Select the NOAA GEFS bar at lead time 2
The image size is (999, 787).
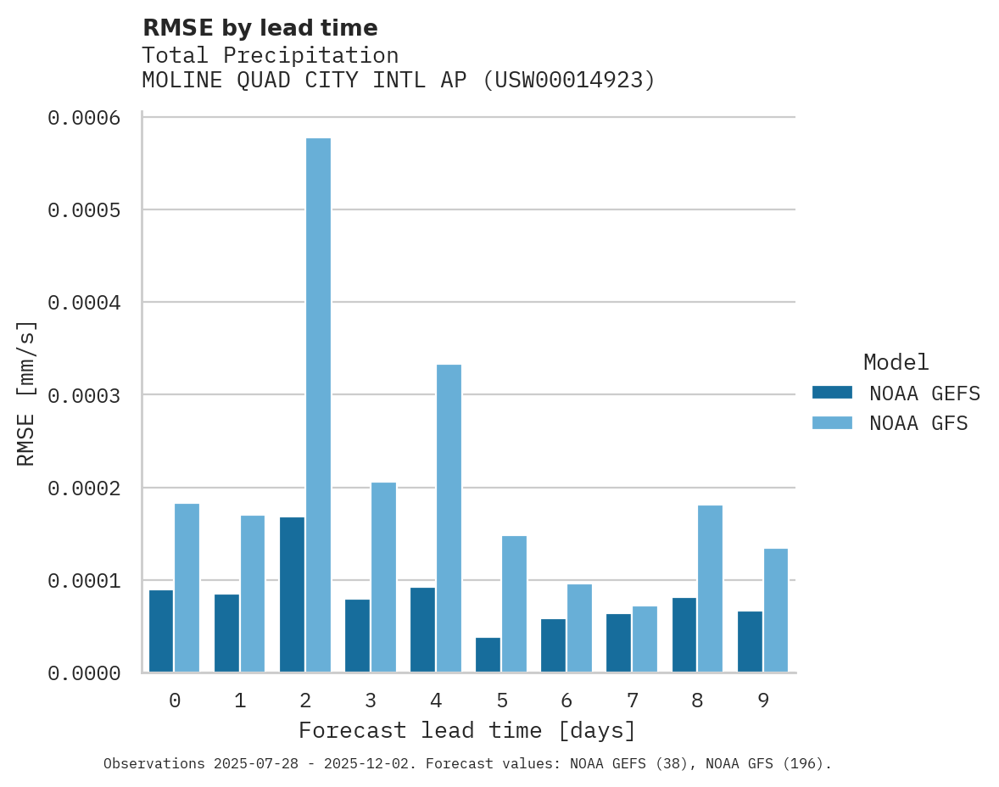(292, 594)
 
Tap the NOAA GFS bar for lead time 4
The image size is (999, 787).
(449, 518)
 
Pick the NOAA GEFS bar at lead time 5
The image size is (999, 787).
(488, 655)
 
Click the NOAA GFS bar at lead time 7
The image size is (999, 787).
(645, 639)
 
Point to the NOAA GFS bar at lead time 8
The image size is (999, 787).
(710, 589)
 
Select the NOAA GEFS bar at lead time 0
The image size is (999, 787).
(161, 631)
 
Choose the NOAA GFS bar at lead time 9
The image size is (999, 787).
(775, 611)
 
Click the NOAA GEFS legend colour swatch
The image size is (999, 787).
(832, 393)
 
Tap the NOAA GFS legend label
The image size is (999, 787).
(918, 422)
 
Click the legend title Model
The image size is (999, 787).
(896, 362)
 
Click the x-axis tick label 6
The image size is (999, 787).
(566, 700)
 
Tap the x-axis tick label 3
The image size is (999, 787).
(371, 700)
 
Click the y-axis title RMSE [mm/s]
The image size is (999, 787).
(26, 393)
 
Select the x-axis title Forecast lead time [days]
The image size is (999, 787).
(467, 730)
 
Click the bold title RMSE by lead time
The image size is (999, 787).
(260, 28)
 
